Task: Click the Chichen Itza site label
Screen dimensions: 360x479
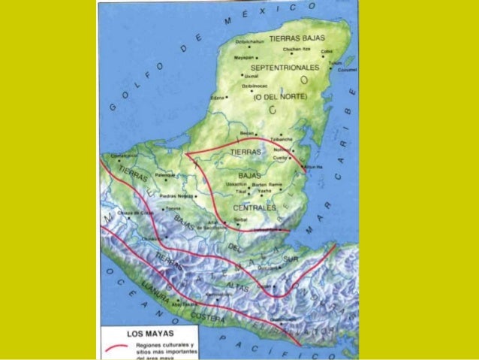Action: point(296,49)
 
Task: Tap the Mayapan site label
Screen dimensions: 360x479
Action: point(244,56)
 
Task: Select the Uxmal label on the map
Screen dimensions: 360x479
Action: point(252,76)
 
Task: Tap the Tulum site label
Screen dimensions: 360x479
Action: point(336,62)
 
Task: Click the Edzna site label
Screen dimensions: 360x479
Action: point(218,98)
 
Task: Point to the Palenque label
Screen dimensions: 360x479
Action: point(164,174)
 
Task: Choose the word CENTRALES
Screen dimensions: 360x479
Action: point(255,207)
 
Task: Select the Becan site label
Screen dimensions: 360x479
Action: point(247,133)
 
